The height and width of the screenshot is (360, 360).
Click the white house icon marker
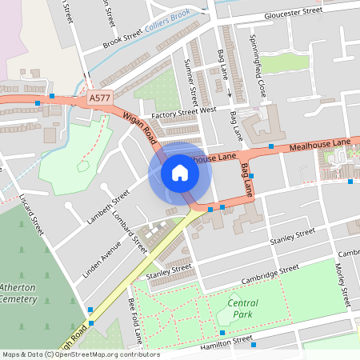(179, 173)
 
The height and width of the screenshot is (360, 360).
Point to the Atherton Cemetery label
(18, 293)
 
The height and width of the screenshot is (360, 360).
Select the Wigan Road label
(139, 129)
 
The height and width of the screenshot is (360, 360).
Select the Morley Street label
(345, 286)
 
